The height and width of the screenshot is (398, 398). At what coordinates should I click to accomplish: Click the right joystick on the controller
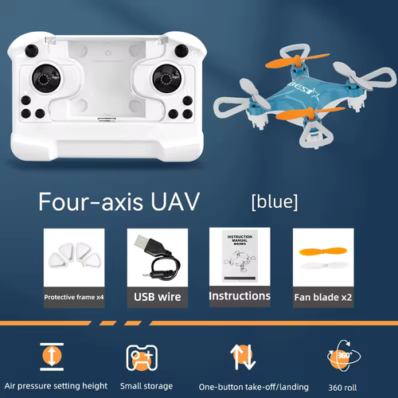[167, 80]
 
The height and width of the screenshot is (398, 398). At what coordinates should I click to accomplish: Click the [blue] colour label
[274, 202]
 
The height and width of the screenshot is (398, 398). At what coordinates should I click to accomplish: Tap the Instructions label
[239, 296]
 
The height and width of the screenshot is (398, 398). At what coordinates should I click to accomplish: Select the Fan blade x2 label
[323, 297]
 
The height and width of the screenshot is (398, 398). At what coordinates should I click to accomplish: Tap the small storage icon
[139, 355]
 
